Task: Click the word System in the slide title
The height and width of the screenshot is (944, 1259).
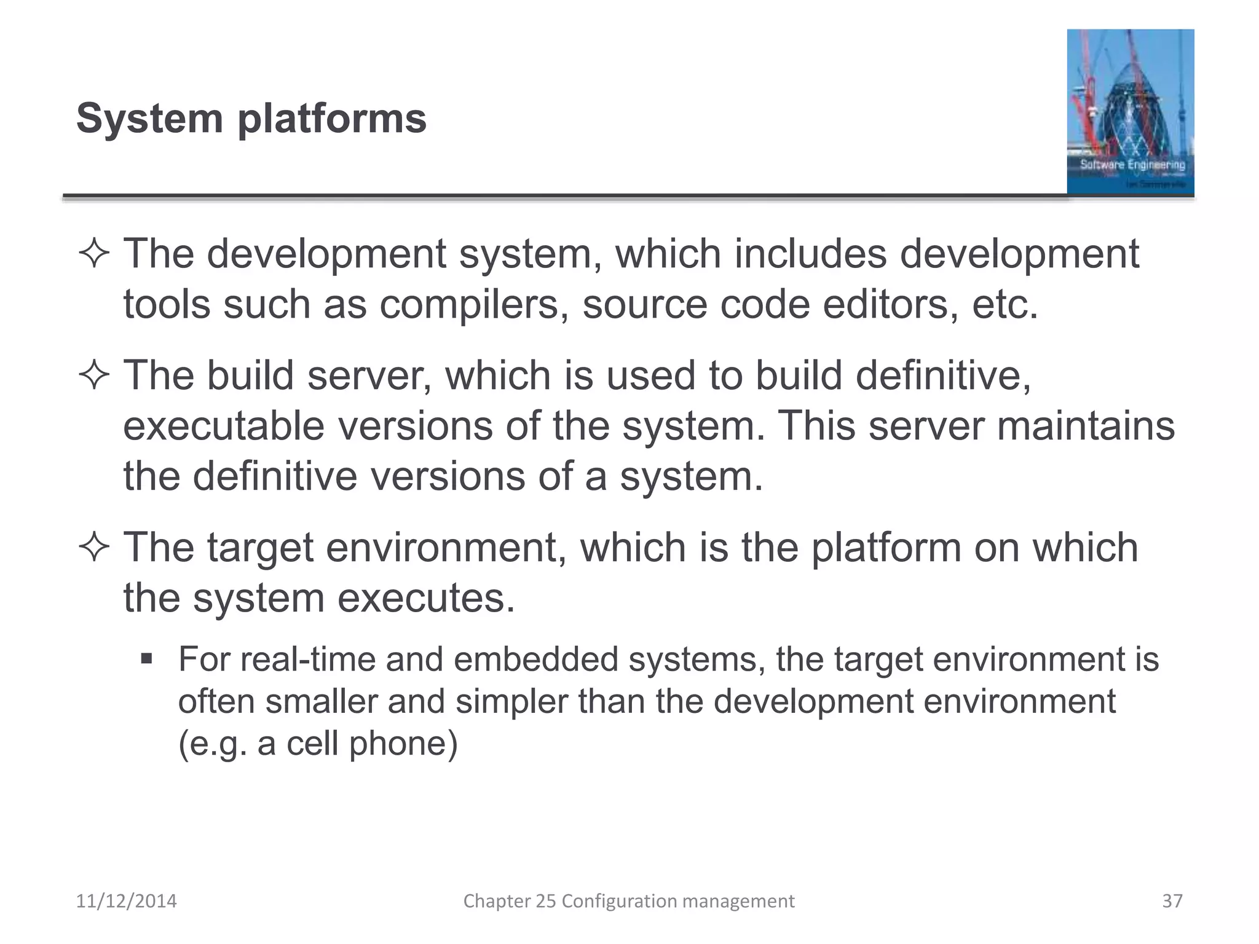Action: click(149, 118)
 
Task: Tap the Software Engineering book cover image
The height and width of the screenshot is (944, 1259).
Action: click(1130, 112)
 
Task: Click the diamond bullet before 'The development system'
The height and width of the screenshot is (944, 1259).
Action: click(94, 254)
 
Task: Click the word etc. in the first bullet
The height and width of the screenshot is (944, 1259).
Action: click(1004, 304)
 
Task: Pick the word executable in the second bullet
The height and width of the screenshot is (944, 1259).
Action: click(224, 426)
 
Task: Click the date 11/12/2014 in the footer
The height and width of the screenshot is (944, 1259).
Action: click(126, 901)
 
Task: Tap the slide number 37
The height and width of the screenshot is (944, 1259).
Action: click(1172, 901)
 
